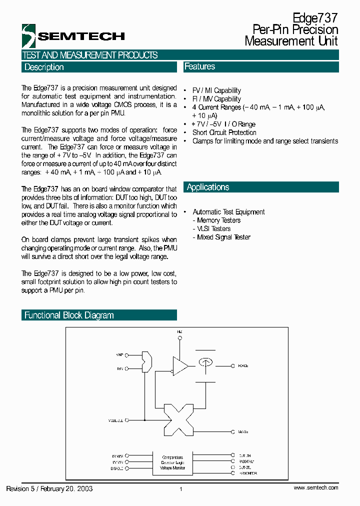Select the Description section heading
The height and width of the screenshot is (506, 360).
[x=44, y=67]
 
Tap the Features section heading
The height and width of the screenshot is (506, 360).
[x=199, y=66]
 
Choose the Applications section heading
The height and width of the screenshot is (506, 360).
[x=208, y=187]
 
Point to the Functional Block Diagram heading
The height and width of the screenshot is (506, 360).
[x=69, y=315]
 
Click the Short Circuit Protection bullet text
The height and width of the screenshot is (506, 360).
[x=224, y=132]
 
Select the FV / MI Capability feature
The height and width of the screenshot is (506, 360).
[x=216, y=90]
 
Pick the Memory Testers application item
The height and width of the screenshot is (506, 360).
[x=218, y=220]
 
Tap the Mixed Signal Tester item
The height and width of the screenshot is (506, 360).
[x=223, y=237]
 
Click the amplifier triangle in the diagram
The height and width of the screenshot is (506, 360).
[x=180, y=365]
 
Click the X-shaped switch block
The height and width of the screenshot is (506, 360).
[x=178, y=418]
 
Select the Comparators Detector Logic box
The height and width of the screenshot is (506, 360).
[x=172, y=462]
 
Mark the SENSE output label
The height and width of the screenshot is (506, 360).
[x=243, y=431]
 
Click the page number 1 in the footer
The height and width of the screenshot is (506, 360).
[x=180, y=489]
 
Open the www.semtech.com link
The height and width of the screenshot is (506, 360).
[x=316, y=487]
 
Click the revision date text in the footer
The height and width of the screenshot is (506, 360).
[x=49, y=488]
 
